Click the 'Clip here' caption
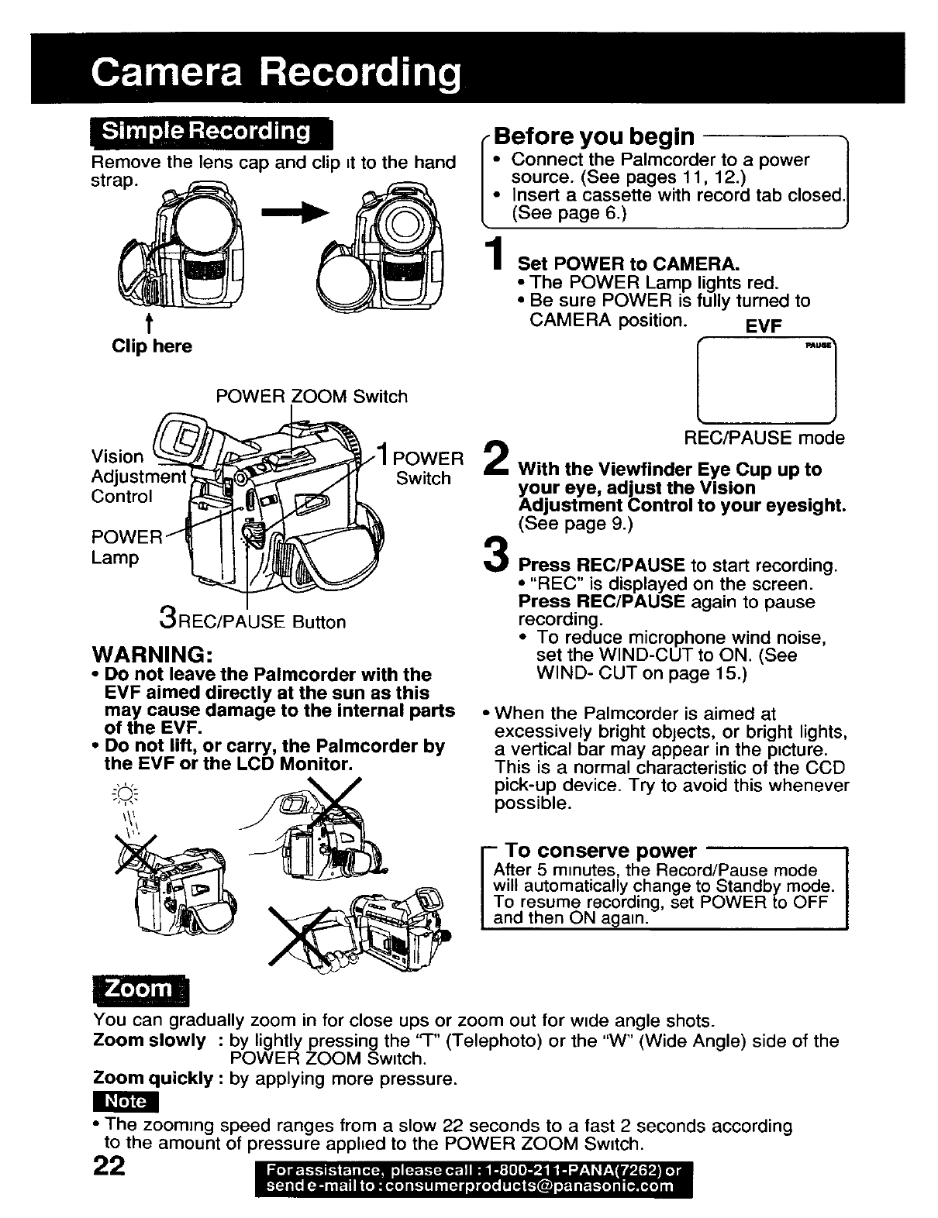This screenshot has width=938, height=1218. pyautogui.click(x=152, y=346)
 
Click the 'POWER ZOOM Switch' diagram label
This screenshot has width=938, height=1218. pyautogui.click(x=312, y=397)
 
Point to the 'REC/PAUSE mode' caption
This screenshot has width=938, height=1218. pyautogui.click(x=764, y=439)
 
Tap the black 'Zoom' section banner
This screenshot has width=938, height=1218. pyautogui.click(x=140, y=988)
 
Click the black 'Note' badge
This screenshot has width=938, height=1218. pyautogui.click(x=125, y=1101)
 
